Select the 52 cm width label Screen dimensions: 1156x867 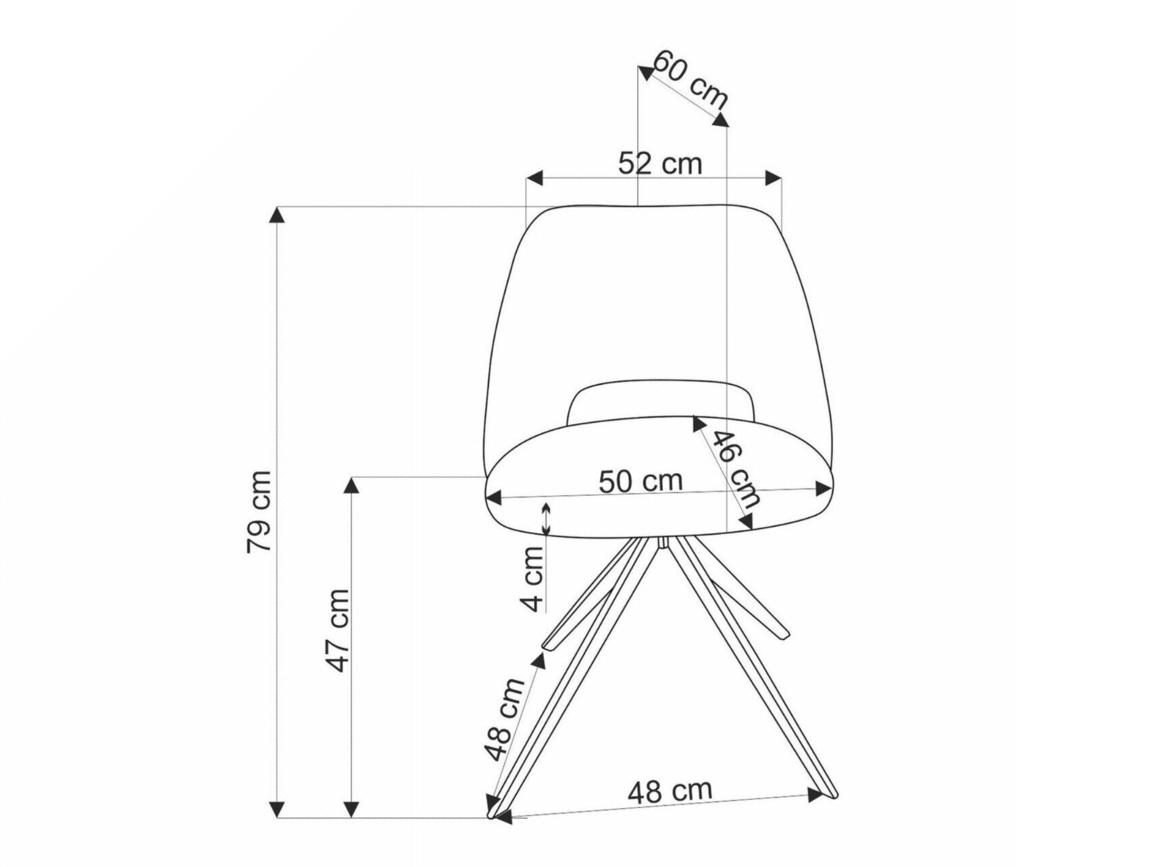tap(660, 163)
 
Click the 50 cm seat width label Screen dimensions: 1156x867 tap(640, 481)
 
